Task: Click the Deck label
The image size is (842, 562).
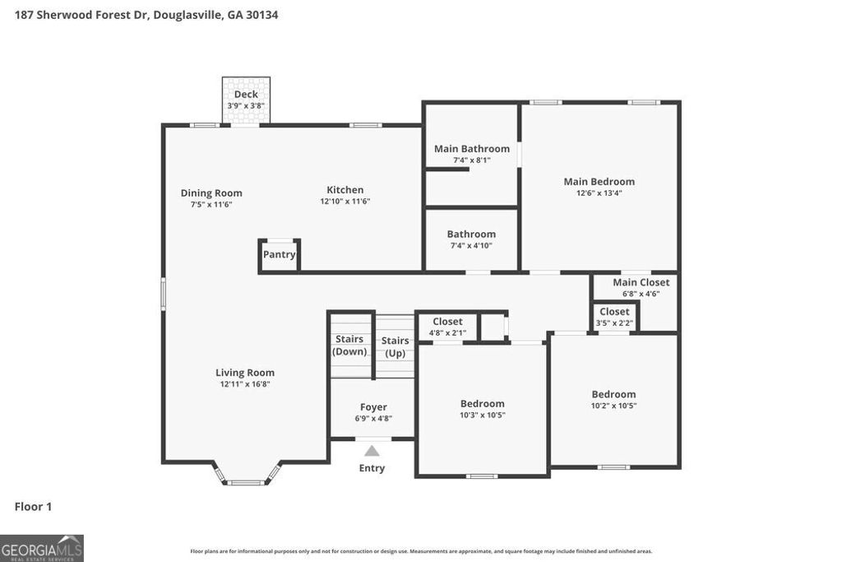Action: click(x=246, y=95)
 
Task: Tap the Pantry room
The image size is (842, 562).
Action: click(x=280, y=255)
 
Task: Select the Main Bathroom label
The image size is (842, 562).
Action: click(x=472, y=149)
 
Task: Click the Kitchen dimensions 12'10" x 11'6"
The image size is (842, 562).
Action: click(x=345, y=202)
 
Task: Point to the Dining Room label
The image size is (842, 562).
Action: click(x=211, y=193)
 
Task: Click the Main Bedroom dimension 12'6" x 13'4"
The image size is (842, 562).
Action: click(x=599, y=193)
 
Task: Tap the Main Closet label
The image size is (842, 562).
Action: click(x=641, y=282)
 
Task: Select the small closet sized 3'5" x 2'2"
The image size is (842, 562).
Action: click(x=614, y=317)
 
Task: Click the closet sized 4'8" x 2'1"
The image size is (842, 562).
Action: click(x=447, y=327)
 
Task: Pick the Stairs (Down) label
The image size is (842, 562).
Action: click(x=349, y=346)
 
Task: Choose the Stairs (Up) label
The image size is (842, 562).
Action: click(x=395, y=346)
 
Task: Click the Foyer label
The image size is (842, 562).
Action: click(x=373, y=407)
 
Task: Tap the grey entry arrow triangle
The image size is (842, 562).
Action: click(x=372, y=450)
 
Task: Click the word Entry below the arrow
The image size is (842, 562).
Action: click(x=372, y=468)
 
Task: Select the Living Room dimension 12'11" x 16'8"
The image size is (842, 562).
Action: click(x=245, y=384)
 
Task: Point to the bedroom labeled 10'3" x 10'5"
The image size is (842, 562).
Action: click(x=482, y=409)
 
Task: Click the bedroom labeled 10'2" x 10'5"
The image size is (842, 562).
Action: click(x=613, y=400)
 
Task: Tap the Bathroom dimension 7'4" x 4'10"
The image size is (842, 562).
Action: click(x=471, y=245)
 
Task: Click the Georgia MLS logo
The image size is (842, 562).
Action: click(x=42, y=548)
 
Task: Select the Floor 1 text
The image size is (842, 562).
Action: click(x=33, y=507)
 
